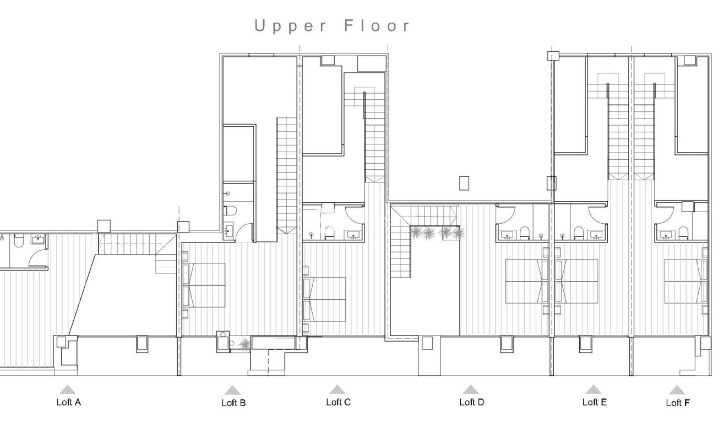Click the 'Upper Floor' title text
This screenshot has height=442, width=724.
pyautogui.click(x=333, y=26)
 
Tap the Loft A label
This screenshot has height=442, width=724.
pyautogui.click(x=69, y=402)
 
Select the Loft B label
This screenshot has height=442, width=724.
pyautogui.click(x=233, y=403)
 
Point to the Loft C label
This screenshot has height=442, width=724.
pyautogui.click(x=338, y=402)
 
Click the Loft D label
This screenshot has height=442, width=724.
pyautogui.click(x=472, y=402)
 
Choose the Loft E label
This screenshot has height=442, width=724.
pyautogui.click(x=595, y=402)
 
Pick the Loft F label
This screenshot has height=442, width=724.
pyautogui.click(x=678, y=403)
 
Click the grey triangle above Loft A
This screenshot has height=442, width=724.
pyautogui.click(x=67, y=390)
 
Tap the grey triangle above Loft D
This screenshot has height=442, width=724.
pyautogui.click(x=470, y=390)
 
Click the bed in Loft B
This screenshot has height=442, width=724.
pyautogui.click(x=205, y=285)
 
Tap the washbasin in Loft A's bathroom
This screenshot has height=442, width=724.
pyautogui.click(x=39, y=239)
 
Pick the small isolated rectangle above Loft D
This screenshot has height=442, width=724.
pyautogui.click(x=464, y=183)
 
